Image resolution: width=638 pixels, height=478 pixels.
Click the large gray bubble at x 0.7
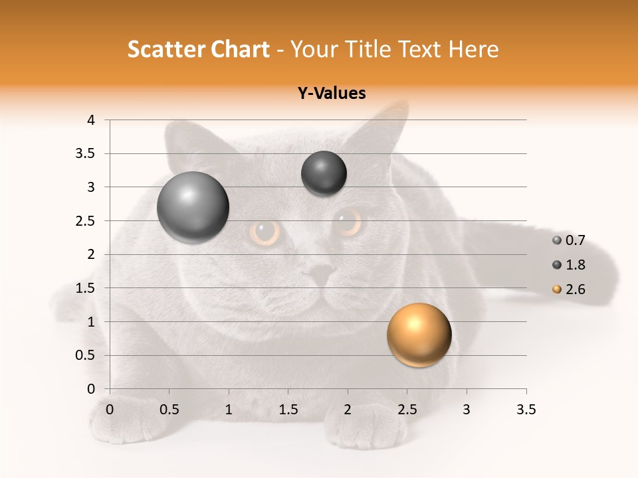tap(193, 207)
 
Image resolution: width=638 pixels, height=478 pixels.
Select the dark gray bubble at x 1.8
tap(324, 174)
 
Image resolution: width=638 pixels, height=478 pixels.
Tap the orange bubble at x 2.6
tap(419, 335)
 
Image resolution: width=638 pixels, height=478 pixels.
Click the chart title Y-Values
tap(332, 94)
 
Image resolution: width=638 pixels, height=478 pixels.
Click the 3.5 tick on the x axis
tap(526, 410)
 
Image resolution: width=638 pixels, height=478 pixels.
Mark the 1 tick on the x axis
tap(229, 410)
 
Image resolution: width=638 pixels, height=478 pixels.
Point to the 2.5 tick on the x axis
tap(407, 410)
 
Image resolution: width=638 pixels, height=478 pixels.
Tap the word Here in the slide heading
tap(473, 49)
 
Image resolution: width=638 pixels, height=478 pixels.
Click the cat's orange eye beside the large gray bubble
tap(265, 232)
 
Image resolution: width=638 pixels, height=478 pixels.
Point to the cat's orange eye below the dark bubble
tap(348, 222)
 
